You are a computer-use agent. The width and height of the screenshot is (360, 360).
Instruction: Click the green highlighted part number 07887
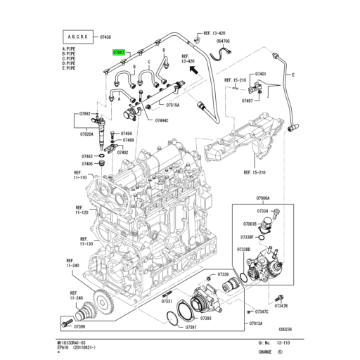point(119,52)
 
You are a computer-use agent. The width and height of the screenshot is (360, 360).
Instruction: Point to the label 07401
point(261,74)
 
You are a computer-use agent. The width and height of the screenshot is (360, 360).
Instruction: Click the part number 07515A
point(172,104)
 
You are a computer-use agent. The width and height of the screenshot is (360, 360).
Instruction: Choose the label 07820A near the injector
point(86,134)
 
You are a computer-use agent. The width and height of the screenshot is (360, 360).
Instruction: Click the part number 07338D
point(244,250)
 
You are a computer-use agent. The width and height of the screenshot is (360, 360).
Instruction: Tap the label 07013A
point(256,323)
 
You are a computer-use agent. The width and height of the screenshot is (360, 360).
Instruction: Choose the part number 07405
point(87,163)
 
